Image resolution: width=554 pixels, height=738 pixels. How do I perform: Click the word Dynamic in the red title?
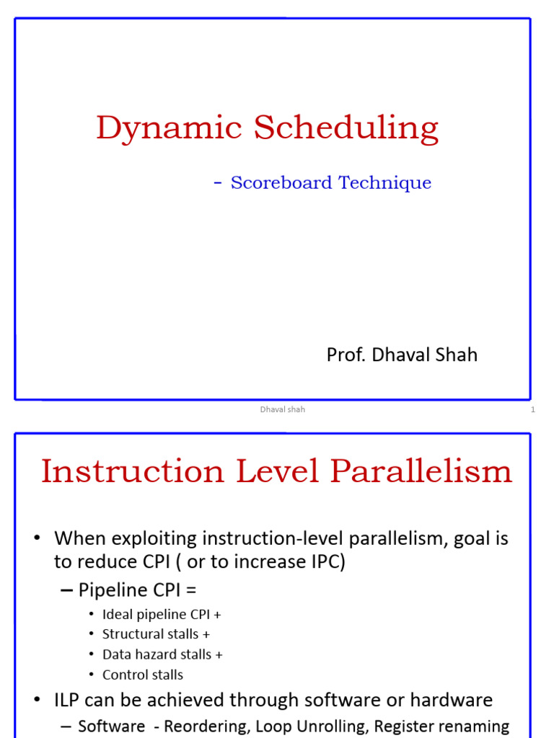[x=169, y=128]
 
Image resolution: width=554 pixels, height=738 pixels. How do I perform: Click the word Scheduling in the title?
[x=346, y=128]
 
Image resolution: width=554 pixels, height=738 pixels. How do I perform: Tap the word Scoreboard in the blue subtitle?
[x=281, y=182]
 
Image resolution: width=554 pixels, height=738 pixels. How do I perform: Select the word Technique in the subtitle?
[x=385, y=183]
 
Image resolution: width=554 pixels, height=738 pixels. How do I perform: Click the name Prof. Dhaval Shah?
[x=402, y=355]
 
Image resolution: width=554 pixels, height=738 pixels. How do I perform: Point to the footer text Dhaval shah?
[x=283, y=409]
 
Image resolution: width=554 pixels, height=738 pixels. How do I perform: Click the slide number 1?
[x=533, y=409]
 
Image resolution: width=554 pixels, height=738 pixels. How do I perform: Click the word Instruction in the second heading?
[x=133, y=471]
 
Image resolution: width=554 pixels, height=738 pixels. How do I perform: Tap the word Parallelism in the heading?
[x=421, y=471]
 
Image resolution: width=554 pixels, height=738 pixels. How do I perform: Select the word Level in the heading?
[x=277, y=471]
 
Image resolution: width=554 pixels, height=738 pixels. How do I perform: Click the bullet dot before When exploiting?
[x=38, y=538]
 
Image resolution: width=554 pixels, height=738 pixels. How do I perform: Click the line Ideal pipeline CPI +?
[x=162, y=615]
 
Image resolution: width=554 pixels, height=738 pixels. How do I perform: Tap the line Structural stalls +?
[x=156, y=634]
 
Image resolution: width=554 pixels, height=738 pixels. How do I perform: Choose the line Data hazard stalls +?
[x=162, y=654]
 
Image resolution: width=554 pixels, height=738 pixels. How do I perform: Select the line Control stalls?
[x=143, y=675]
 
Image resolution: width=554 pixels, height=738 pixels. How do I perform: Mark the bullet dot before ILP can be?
[x=38, y=700]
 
